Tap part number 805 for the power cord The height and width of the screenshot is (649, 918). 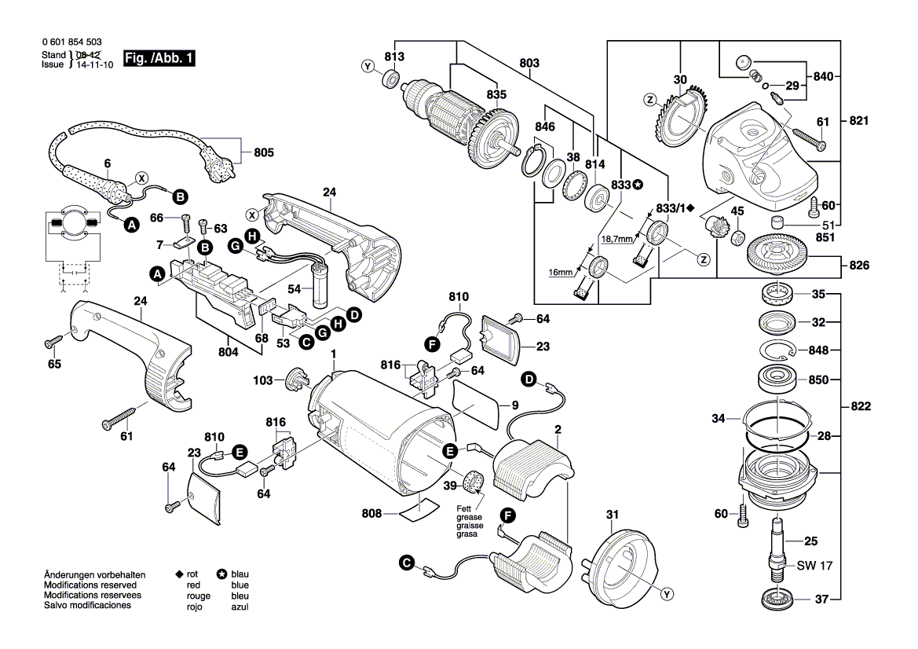265,153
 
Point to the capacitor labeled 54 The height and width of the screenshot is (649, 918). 320,287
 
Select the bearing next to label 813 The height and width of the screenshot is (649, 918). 390,79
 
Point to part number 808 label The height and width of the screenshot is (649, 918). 371,514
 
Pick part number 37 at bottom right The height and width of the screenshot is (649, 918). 821,599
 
